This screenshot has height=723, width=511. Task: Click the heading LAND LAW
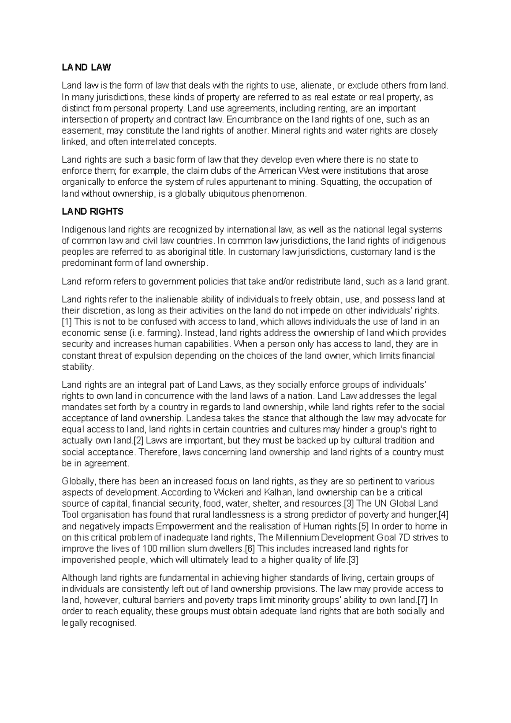click(86, 67)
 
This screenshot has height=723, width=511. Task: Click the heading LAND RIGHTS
click(92, 212)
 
